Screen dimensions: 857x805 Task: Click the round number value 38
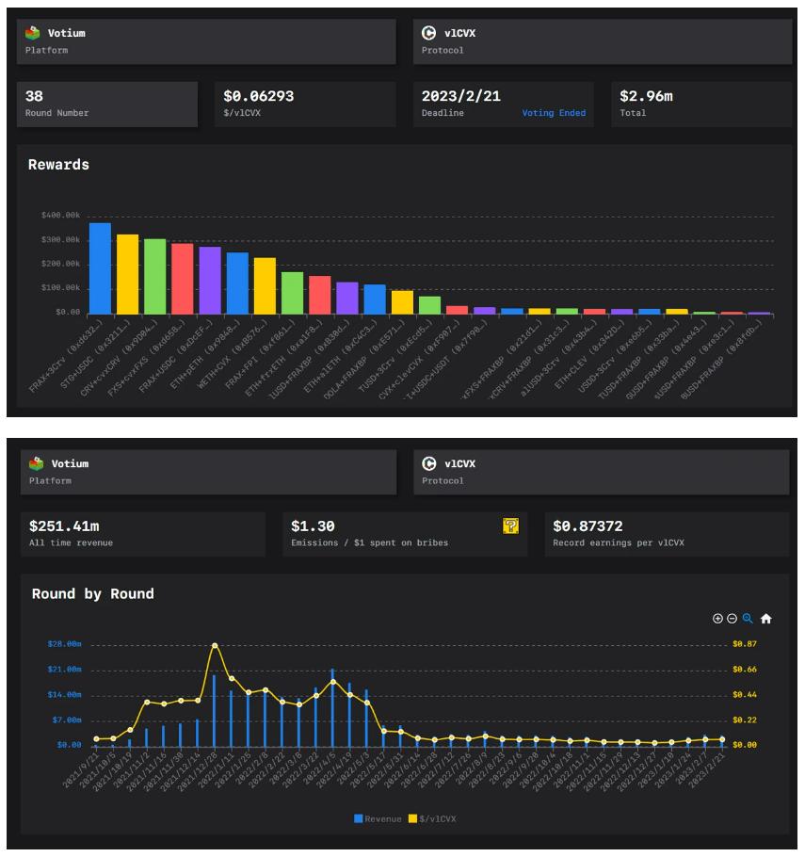coord(34,96)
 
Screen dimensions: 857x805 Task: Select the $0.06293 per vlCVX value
coord(259,96)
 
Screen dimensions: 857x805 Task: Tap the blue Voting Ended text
coord(554,113)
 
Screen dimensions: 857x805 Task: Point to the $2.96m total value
coord(646,96)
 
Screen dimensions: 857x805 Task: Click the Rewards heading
coord(58,165)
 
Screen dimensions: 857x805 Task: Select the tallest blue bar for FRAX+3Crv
coord(100,268)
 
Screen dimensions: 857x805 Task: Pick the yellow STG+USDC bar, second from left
coord(127,274)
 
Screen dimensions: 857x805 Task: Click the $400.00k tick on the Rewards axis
coord(60,216)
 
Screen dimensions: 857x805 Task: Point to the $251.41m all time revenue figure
coord(65,526)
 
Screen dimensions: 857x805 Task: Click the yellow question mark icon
coord(510,526)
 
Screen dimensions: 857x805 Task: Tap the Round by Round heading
coord(92,594)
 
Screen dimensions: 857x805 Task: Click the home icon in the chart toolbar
coord(765,619)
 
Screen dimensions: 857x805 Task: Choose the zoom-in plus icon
coord(717,619)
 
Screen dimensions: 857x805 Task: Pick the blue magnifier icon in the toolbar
coord(748,619)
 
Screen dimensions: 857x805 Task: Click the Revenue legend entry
coord(378,818)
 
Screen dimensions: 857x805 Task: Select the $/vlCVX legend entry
coord(432,818)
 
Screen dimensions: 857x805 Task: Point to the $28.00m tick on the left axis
coord(64,644)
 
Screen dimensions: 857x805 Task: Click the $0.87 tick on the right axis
coord(745,644)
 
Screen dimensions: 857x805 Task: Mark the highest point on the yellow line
coord(215,645)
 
